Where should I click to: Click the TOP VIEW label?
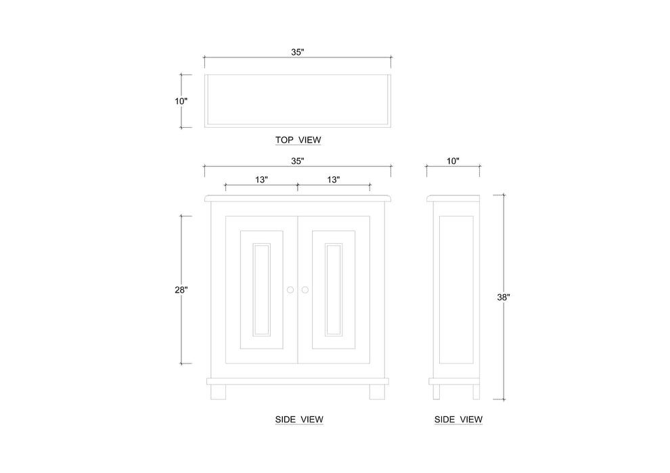298,141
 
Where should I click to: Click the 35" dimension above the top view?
298,52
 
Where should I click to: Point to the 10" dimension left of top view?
181,101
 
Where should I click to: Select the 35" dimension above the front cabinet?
298,161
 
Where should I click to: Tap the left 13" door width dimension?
261,180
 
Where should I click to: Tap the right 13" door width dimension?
333,180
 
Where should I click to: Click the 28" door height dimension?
181,289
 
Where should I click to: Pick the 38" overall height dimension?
503,296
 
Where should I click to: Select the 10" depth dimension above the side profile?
453,161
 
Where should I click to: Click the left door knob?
290,290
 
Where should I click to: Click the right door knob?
305,290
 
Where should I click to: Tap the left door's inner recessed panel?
261,289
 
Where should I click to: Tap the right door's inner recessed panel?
334,289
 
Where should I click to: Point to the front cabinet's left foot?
218,392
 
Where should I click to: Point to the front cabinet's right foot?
377,392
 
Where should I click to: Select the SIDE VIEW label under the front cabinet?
299,420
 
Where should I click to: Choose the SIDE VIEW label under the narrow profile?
458,420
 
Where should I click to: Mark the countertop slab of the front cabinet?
298,198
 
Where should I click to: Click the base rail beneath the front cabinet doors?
298,381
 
